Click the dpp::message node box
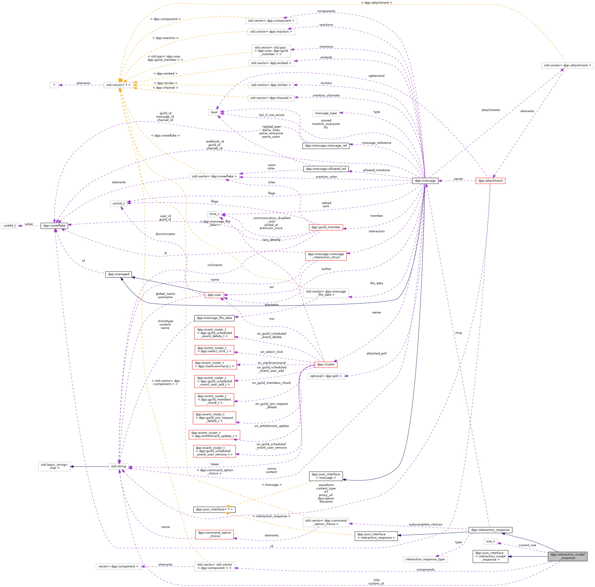pyautogui.click(x=425, y=181)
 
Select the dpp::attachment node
pyautogui.click(x=490, y=181)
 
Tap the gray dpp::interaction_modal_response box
pyautogui.click(x=567, y=556)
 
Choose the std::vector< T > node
pyautogui.click(x=118, y=85)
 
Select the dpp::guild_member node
pyautogui.click(x=326, y=227)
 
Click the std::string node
pyautogui.click(x=118, y=466)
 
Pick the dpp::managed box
pyautogui.click(x=118, y=274)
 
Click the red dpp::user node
pyautogui.click(x=214, y=295)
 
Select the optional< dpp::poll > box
pyautogui.click(x=326, y=376)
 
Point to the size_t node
pyautogui.click(x=490, y=541)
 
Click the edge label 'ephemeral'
pyautogui.click(x=376, y=76)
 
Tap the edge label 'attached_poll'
pyautogui.click(x=376, y=353)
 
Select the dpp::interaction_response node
pyautogui.click(x=490, y=530)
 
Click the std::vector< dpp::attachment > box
pyautogui.click(x=567, y=65)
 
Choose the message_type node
pyautogui.click(x=326, y=113)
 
